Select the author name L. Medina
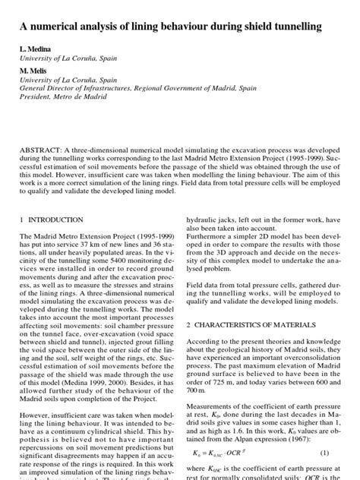coord(37,49)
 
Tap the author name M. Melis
coord(35,69)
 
